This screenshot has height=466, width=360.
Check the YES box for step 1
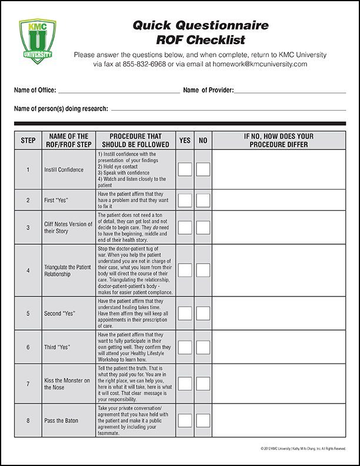point(185,169)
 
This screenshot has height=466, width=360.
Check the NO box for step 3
point(203,228)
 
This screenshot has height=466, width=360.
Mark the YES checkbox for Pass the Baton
point(185,421)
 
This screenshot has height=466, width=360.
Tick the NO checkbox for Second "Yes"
point(203,313)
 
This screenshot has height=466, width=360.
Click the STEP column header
point(28,141)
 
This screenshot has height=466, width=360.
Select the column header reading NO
point(203,141)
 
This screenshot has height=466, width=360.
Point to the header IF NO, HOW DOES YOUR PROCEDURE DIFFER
point(279,141)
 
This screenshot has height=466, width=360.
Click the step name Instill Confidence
point(64,170)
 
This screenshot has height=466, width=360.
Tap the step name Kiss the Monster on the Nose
point(68,384)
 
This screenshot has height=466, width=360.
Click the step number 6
point(28,347)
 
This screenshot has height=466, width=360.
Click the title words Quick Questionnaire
point(192,25)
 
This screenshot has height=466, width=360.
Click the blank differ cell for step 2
point(279,200)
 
